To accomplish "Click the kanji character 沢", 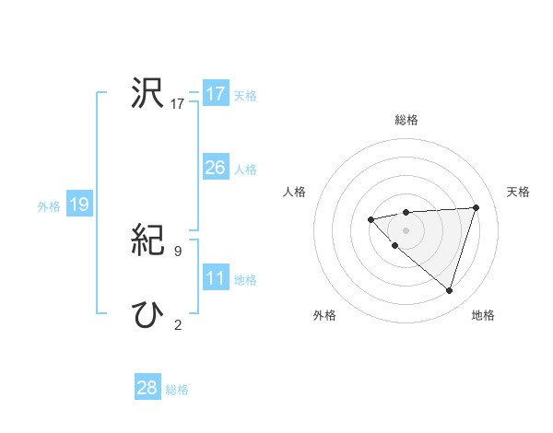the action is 147,93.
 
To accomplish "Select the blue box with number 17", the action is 216,94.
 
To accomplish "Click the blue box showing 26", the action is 216,168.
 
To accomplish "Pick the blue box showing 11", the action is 216,278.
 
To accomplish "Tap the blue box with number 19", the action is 79,205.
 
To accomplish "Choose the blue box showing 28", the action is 147,388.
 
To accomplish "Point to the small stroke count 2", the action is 178,324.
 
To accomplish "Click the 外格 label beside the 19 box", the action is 49,206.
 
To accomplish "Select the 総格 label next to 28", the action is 177,390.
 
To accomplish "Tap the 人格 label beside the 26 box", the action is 245,170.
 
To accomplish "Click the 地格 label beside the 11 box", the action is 245,280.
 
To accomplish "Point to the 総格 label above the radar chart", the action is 406,120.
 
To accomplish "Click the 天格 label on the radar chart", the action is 519,192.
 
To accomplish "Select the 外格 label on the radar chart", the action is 324,315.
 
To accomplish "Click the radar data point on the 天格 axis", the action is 477,207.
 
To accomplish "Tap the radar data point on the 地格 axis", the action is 449,290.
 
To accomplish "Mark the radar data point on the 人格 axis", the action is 371,219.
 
